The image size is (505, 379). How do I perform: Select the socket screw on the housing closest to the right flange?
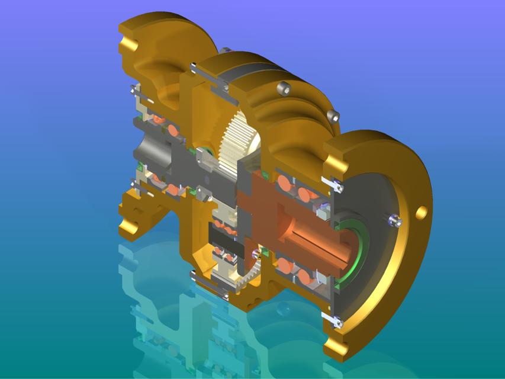pos(333,113)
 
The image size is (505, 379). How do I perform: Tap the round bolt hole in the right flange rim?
pos(422,211)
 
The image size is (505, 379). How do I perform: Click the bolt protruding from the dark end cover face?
pos(395,221)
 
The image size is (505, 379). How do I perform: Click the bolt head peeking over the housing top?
pos(227,50)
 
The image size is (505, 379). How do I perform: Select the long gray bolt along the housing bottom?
pos(210,287)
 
